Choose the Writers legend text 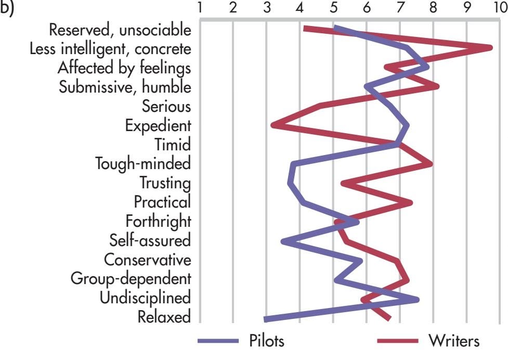454,342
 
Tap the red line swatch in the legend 398,342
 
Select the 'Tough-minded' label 144,164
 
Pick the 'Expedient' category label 158,125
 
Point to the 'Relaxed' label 164,316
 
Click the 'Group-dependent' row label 131,278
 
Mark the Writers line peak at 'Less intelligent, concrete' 490,48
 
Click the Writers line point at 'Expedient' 273,125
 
